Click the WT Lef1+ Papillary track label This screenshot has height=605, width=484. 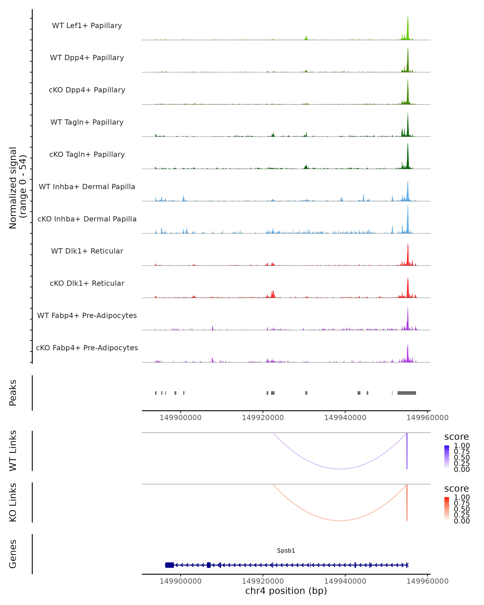[x=87, y=26]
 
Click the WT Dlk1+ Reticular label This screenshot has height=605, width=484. [x=87, y=251]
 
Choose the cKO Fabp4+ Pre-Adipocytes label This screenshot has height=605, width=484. [x=87, y=348]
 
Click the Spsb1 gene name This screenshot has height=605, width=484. [x=286, y=551]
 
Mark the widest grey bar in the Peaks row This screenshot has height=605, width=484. [x=407, y=393]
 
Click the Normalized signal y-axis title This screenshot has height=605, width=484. [x=17, y=188]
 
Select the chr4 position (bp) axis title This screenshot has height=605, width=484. [x=286, y=591]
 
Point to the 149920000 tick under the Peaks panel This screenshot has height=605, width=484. [x=263, y=418]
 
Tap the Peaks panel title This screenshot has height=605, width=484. [x=13, y=393]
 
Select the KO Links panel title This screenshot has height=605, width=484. [x=13, y=502]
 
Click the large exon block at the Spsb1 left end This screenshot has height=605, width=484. [x=169, y=565]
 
